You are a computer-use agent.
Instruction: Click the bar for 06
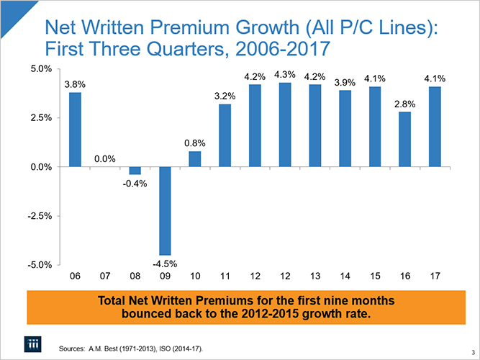pyautogui.click(x=75, y=130)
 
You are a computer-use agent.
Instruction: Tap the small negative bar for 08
pyautogui.click(x=135, y=171)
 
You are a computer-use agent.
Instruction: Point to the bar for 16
pyautogui.click(x=404, y=140)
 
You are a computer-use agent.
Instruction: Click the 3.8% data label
pyautogui.click(x=75, y=84)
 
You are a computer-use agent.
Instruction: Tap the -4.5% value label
pyautogui.click(x=165, y=264)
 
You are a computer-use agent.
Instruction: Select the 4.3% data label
pyautogui.click(x=285, y=75)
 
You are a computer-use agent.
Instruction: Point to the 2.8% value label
pyautogui.click(x=404, y=104)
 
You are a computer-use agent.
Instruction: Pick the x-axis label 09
pyautogui.click(x=165, y=276)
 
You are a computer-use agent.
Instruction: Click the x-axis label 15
pyautogui.click(x=374, y=276)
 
